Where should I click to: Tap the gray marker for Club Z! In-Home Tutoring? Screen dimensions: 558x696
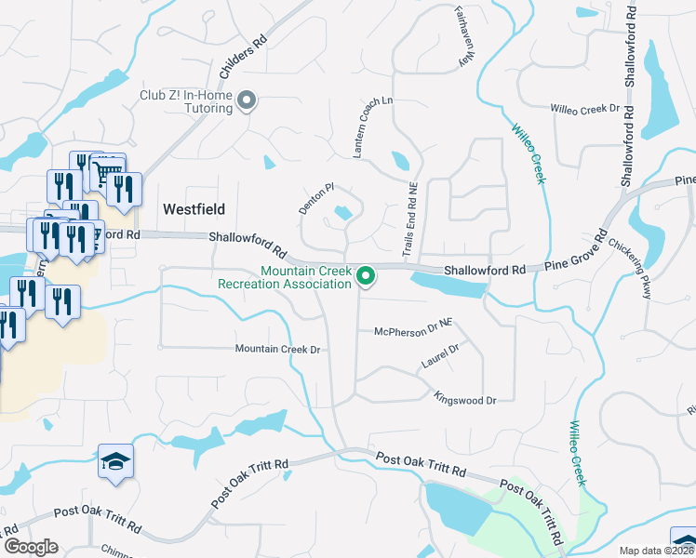pos(247,100)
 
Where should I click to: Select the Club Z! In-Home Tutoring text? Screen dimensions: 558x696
pos(186,101)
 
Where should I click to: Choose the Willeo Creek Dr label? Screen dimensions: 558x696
pos(584,110)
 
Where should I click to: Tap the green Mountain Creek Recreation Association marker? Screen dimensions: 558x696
pos(367,275)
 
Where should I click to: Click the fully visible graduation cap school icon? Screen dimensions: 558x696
pos(116,462)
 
